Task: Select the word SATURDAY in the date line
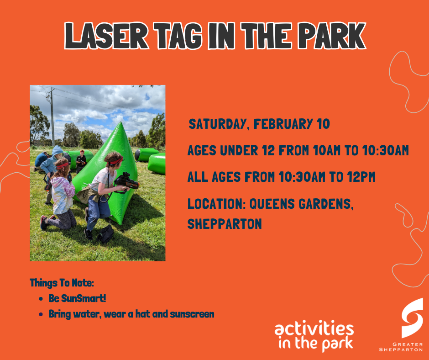(218, 124)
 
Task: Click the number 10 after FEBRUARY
(322, 124)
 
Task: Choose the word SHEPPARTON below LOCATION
(225, 224)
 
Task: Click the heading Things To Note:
(62, 283)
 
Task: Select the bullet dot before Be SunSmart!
(41, 299)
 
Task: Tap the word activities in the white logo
(314, 329)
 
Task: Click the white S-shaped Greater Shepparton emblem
(412, 318)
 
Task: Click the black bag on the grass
(106, 234)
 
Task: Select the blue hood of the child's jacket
(58, 151)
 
